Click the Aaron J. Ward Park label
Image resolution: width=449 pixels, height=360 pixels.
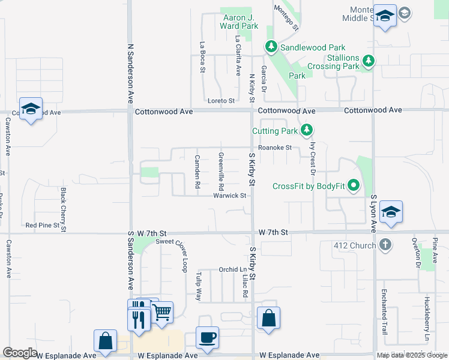[240, 22]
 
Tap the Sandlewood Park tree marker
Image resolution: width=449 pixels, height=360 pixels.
[271, 47]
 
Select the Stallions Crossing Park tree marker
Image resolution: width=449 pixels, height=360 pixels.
[369, 61]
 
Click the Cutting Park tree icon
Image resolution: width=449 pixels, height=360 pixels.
[307, 130]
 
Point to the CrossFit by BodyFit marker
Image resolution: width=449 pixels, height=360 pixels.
[354, 186]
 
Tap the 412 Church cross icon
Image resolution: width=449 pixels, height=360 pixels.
[385, 245]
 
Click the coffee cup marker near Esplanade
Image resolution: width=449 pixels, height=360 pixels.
[208, 337]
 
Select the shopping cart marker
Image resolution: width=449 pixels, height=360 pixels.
[161, 312]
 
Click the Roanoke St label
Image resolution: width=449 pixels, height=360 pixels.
[275, 148]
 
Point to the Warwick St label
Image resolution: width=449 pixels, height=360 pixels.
[230, 196]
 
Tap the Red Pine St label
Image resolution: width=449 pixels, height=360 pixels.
[43, 226]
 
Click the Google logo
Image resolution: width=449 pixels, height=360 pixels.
[20, 353]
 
